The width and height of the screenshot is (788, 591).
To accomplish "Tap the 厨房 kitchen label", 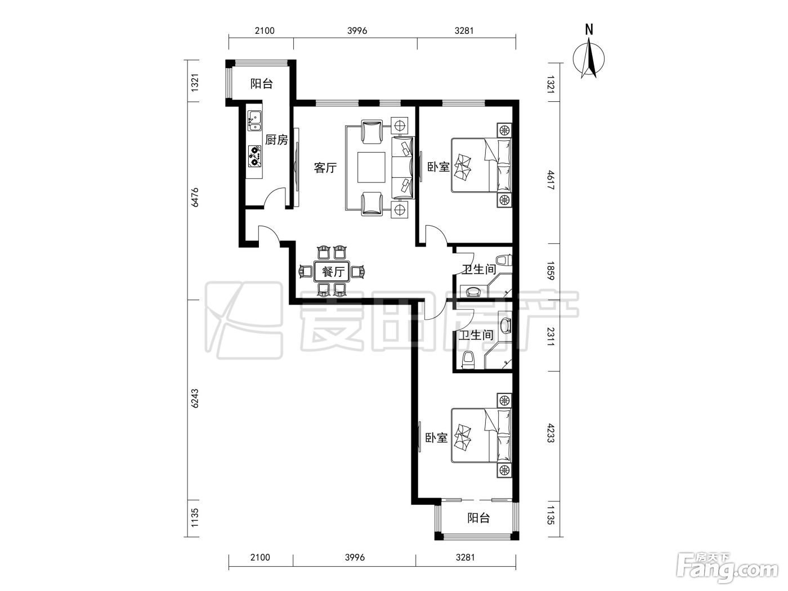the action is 276,140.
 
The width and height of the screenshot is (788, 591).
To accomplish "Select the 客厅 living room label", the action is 325,168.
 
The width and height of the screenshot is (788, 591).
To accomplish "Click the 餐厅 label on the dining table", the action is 333,272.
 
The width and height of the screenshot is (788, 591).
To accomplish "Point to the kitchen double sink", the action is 254,120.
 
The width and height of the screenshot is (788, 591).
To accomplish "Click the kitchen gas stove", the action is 254,156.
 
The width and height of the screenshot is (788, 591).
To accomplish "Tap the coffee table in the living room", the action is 371,167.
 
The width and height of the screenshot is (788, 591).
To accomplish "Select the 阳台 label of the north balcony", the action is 261,84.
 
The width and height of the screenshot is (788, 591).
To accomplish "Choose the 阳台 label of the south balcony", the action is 478,518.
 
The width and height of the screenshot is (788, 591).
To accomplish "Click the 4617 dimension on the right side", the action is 551,181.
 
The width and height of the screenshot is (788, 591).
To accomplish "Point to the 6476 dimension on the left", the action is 195,197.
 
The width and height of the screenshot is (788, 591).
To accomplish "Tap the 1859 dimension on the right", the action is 551,271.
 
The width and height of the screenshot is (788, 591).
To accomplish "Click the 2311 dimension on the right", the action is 551,336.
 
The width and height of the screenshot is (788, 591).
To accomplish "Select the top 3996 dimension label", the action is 357,31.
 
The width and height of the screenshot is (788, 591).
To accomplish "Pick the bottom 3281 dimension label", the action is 465,557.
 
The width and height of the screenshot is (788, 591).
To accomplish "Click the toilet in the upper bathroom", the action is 504,260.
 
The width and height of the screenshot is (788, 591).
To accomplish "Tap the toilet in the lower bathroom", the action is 468,360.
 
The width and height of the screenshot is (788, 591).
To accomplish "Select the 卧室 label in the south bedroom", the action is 437,438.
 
